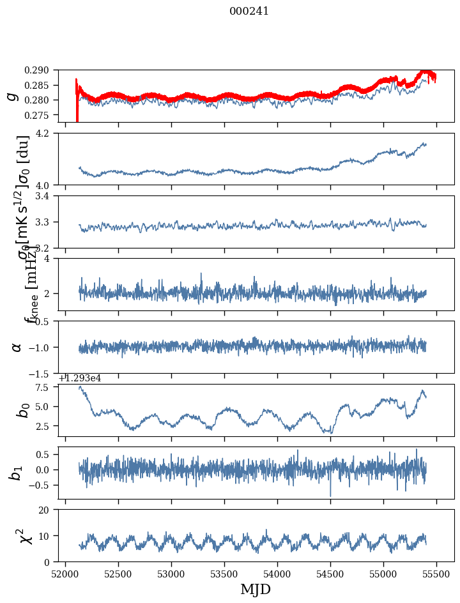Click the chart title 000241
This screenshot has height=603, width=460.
point(249,11)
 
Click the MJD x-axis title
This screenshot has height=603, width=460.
point(256,590)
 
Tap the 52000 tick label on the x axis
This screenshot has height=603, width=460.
point(65,574)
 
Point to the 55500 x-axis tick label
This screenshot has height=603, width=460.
point(436,574)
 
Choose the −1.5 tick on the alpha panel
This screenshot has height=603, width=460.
point(45,373)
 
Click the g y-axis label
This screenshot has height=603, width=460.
point(11,96)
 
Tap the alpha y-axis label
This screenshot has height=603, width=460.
point(17,347)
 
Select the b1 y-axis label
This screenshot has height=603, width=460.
point(17,472)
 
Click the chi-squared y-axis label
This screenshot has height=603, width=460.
point(17,535)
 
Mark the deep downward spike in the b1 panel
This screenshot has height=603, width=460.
point(330,494)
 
